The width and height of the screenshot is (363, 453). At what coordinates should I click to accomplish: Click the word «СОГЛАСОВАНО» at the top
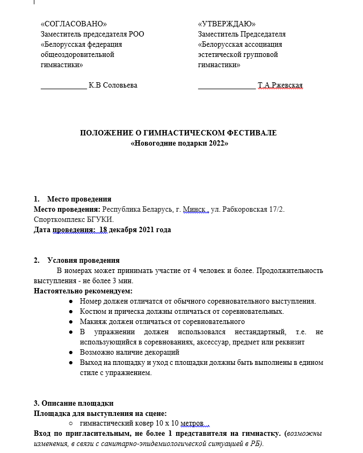(x=74, y=24)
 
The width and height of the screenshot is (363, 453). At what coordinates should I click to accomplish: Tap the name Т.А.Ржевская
(x=280, y=85)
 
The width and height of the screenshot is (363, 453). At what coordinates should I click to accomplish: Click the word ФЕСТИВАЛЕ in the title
(x=251, y=133)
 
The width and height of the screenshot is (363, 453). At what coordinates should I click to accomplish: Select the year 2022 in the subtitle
(x=216, y=143)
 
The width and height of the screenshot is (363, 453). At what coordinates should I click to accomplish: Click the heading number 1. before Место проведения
(x=37, y=199)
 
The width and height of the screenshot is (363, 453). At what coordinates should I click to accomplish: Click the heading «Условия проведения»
(x=83, y=261)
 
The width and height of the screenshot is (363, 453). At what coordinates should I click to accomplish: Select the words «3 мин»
(x=122, y=281)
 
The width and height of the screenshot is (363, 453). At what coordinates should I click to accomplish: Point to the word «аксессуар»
(x=222, y=342)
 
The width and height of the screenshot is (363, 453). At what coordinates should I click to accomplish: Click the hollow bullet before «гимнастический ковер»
(x=71, y=424)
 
